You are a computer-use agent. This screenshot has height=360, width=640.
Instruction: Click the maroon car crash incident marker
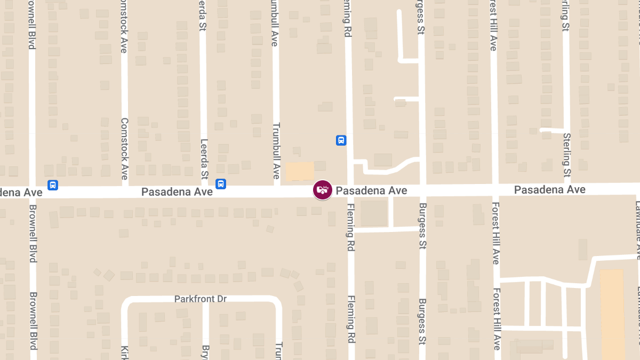click(322, 190)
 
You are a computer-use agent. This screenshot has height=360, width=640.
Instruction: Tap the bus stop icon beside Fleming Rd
click(341, 140)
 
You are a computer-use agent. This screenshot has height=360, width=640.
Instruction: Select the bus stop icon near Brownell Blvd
click(53, 185)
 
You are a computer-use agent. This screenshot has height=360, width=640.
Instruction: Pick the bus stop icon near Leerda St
click(221, 184)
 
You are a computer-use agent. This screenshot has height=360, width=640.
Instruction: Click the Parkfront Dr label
click(201, 299)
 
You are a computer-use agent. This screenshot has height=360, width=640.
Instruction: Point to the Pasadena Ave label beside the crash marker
click(371, 190)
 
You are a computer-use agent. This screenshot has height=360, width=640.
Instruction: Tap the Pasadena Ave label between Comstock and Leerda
click(177, 191)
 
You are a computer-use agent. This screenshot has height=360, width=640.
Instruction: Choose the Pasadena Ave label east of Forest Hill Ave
click(549, 190)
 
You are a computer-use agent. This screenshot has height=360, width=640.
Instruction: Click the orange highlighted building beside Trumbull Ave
click(300, 171)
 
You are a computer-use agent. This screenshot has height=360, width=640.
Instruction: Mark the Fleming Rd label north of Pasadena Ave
click(347, 18)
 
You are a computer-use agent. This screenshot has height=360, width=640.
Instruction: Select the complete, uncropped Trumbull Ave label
click(276, 151)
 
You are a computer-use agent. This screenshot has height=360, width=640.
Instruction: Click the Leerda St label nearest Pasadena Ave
click(203, 159)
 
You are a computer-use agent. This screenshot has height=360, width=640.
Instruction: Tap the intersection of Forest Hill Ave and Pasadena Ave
click(495, 189)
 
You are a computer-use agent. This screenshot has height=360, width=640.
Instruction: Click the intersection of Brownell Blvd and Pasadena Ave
click(33, 192)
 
